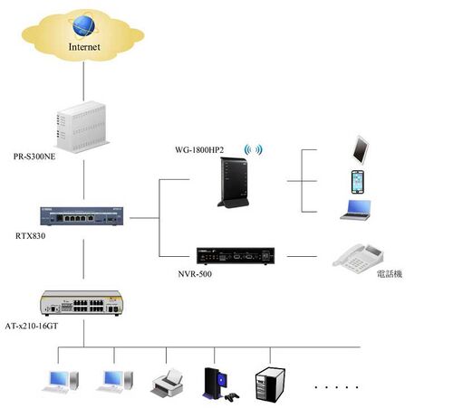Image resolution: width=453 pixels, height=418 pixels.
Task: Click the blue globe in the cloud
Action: click(x=83, y=25)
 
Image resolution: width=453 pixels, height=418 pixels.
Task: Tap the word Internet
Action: click(x=84, y=47)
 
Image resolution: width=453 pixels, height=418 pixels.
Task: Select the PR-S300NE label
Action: click(x=34, y=157)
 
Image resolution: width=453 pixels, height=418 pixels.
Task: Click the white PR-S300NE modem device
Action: click(x=82, y=127)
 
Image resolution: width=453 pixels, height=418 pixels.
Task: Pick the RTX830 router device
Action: click(x=82, y=216)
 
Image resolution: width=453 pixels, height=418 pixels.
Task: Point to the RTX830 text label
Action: click(x=31, y=235)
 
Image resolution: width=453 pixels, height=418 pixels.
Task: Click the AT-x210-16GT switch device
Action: click(x=82, y=303)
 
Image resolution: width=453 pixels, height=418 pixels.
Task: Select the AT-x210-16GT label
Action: click(x=32, y=326)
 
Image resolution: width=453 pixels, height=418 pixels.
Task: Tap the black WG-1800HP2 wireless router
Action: click(x=234, y=183)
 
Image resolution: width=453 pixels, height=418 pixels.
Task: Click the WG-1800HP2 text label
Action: click(x=199, y=149)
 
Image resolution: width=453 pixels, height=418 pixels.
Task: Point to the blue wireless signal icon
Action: click(x=254, y=149)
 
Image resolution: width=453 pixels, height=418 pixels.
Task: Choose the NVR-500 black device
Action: click(x=236, y=256)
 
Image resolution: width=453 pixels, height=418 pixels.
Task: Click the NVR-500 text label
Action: click(x=195, y=274)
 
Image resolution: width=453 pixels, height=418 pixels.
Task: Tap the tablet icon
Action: click(x=361, y=150)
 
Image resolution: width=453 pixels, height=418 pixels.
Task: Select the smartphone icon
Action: click(x=358, y=182)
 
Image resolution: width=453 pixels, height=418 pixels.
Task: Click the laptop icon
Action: click(x=356, y=210)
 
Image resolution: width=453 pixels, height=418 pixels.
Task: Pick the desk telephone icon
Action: click(x=358, y=259)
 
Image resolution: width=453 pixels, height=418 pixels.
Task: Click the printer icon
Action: click(x=167, y=383)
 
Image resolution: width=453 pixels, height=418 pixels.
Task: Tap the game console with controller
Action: click(x=220, y=385)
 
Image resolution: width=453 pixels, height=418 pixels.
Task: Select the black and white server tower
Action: click(x=270, y=385)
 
